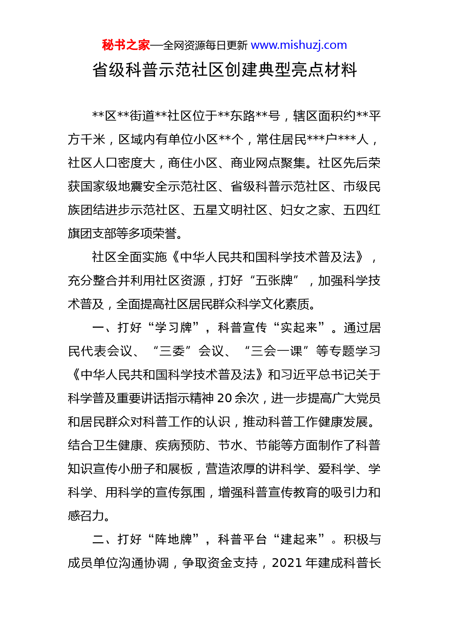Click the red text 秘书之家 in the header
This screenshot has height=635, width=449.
tap(126, 45)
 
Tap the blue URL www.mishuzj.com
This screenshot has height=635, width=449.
tap(299, 45)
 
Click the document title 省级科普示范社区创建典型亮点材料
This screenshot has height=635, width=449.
tap(224, 70)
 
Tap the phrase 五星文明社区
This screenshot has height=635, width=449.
tap(230, 210)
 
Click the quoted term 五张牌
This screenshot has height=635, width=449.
tap(274, 281)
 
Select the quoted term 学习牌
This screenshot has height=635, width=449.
tap(173, 328)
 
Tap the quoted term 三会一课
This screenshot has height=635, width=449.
tap(276, 351)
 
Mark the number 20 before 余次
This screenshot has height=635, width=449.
tap(224, 398)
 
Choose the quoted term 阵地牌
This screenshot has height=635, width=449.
tap(173, 539)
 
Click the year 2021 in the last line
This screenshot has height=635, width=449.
tap(287, 563)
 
